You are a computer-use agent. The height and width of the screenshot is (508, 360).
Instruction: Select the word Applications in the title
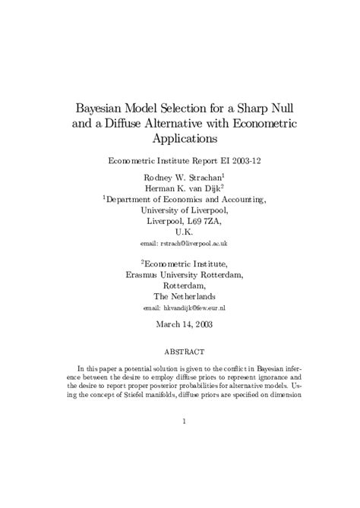[179, 139]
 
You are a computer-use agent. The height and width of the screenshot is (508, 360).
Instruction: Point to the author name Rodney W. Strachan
[176, 177]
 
